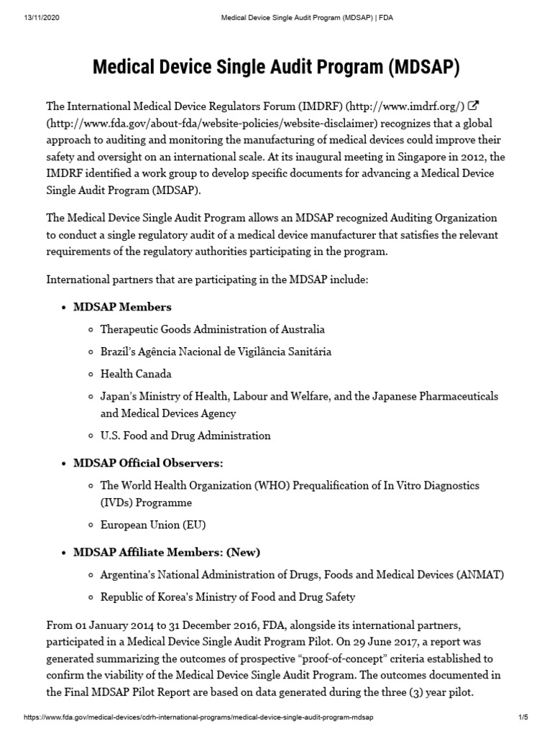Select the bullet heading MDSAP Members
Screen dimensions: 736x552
point(122,307)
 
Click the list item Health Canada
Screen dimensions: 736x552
point(136,374)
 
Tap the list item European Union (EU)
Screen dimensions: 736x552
point(152,525)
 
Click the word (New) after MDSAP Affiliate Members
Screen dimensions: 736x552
point(244,552)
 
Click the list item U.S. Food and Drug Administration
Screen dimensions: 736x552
point(185,436)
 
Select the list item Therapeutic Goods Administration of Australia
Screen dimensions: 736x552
point(212,329)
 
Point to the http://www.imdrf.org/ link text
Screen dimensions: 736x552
point(405,107)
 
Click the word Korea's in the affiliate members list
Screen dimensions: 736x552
point(167,597)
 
